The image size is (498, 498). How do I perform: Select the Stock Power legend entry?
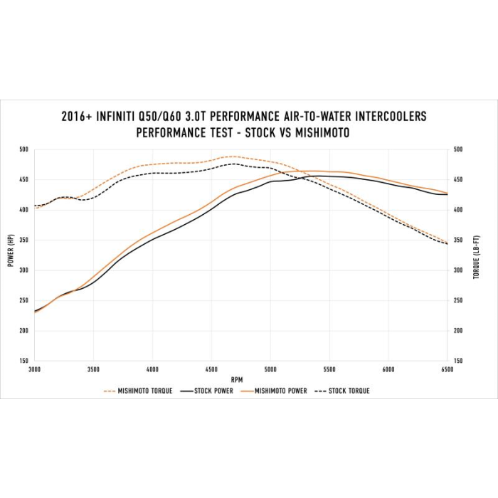(212, 391)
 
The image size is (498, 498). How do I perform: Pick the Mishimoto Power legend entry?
(281, 391)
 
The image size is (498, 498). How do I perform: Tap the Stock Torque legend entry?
(349, 391)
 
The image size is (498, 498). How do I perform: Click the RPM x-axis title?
(237, 379)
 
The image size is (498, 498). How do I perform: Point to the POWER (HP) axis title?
(11, 255)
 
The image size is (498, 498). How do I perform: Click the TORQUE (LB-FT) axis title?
(477, 255)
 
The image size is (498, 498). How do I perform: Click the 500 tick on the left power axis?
(23, 150)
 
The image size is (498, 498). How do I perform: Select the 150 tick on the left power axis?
(23, 361)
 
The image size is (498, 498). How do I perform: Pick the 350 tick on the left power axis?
(23, 240)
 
